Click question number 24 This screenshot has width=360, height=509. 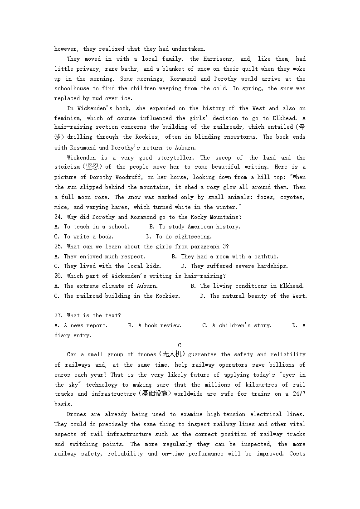pos(58,217)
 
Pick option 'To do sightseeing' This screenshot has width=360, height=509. pos(183,237)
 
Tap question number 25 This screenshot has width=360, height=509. pos(58,247)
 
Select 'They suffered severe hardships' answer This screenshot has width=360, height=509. pos(239,267)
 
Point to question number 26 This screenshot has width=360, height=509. pos(58,276)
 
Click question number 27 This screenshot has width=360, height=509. pos(58,315)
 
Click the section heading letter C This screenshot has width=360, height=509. pos(180,345)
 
